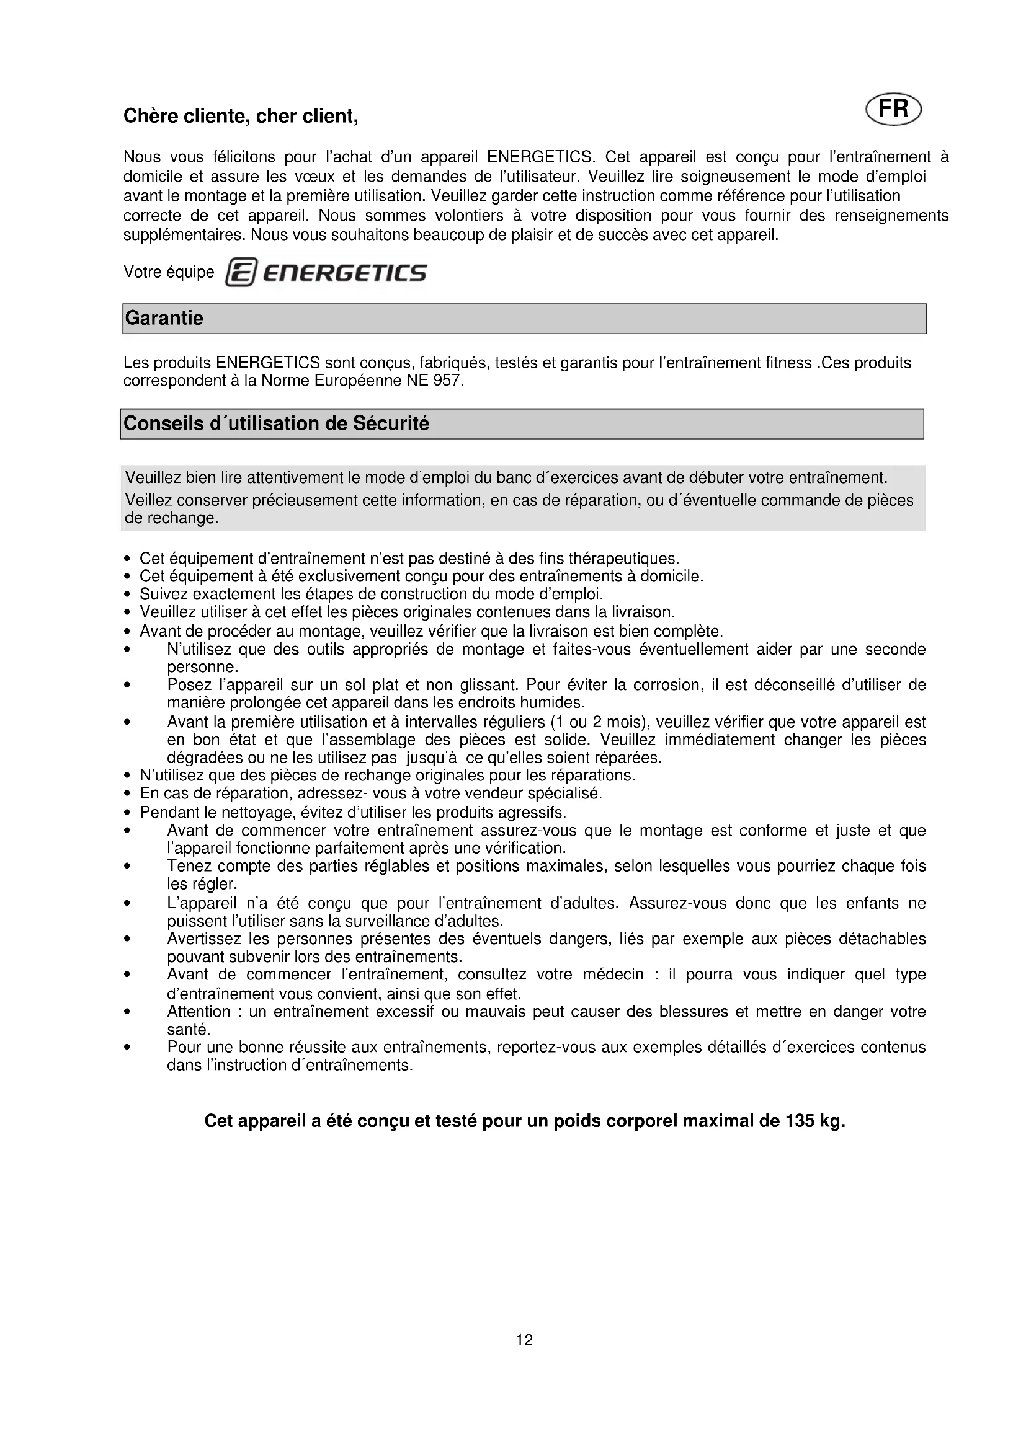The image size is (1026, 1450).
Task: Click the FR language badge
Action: pyautogui.click(x=893, y=109)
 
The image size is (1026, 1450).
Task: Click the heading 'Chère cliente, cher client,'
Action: pyautogui.click(x=241, y=116)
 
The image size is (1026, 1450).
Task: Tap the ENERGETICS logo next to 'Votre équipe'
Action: pyautogui.click(x=326, y=273)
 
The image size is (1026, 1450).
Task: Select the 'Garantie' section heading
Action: pyautogui.click(x=164, y=317)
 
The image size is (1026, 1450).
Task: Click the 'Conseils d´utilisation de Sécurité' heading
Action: pyautogui.click(x=276, y=423)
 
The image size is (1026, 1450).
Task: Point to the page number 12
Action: pyautogui.click(x=524, y=1340)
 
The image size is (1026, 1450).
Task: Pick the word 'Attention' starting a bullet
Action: pyautogui.click(x=199, y=1011)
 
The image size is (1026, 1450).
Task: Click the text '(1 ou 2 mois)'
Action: pyautogui.click(x=592, y=722)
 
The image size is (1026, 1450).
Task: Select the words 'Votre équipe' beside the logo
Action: pyautogui.click(x=169, y=272)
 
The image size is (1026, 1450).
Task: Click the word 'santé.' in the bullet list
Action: pyautogui.click(x=187, y=1030)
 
